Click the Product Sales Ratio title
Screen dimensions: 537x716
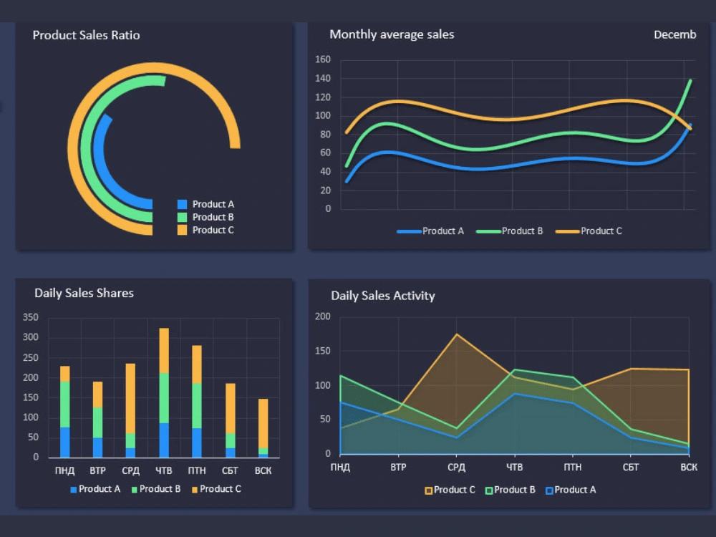tap(86, 35)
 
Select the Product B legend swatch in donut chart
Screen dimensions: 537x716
tap(182, 217)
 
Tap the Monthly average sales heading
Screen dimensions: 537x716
tap(392, 34)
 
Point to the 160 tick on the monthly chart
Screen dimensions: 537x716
tap(323, 59)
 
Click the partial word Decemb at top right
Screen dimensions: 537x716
tap(674, 34)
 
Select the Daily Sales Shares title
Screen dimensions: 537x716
tap(84, 293)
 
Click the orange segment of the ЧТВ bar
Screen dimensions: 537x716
tap(164, 350)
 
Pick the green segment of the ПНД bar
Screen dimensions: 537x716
tap(65, 404)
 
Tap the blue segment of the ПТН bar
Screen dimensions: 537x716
tap(197, 442)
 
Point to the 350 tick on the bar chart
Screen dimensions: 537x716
tap(31, 317)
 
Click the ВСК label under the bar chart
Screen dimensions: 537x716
tap(263, 470)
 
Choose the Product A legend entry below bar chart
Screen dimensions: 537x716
tap(95, 489)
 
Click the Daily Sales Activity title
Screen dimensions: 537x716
tap(382, 296)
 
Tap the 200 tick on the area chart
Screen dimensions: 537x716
tap(323, 316)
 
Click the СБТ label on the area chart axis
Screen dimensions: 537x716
tap(631, 468)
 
